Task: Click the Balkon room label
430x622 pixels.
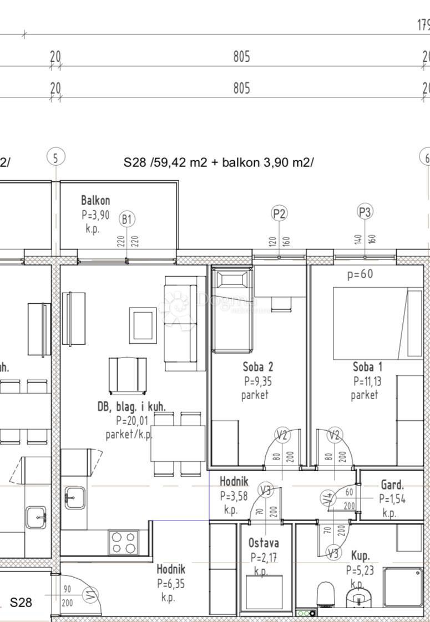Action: coord(95,201)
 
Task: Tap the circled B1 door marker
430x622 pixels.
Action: coord(127,220)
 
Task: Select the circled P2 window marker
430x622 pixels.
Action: coord(279,213)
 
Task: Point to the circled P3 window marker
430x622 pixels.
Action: coord(365,211)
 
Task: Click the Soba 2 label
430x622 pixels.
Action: coord(258,367)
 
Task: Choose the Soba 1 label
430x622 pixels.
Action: coord(367,367)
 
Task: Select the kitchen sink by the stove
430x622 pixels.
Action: coord(74,497)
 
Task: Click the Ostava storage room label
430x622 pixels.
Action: coord(264,543)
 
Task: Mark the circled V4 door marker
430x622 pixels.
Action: coord(327,498)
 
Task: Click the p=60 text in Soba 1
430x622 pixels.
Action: coord(360,274)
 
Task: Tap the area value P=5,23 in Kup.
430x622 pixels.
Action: coord(359,569)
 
